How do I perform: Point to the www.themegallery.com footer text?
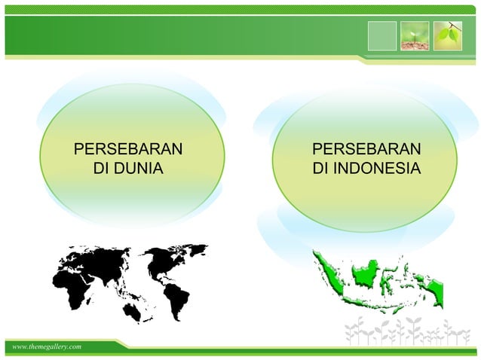point(45,346)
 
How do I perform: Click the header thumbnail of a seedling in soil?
point(415,36)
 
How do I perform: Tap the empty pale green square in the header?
point(381,36)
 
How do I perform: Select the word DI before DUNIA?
point(100,166)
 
